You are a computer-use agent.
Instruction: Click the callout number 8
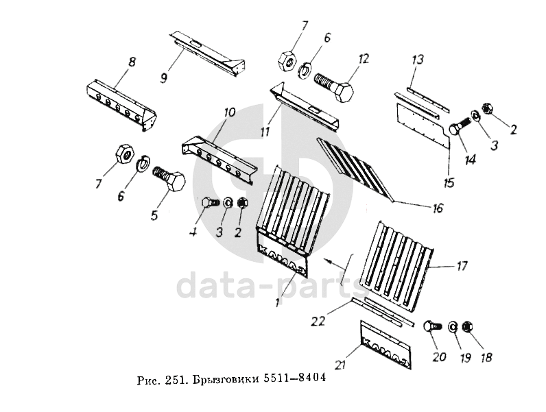pyautogui.click(x=132, y=63)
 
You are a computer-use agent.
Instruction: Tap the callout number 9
pyautogui.click(x=163, y=77)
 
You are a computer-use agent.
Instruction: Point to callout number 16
pyautogui.click(x=438, y=208)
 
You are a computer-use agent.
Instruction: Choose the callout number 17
pyautogui.click(x=461, y=266)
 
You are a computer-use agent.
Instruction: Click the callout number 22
pyautogui.click(x=318, y=321)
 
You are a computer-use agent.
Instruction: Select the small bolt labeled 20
pyautogui.click(x=433, y=327)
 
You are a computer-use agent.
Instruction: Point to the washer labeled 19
pyautogui.click(x=452, y=327)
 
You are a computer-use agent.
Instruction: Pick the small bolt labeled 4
pyautogui.click(x=211, y=202)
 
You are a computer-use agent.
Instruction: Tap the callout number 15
pyautogui.click(x=449, y=182)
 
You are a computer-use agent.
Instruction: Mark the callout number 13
pyautogui.click(x=418, y=60)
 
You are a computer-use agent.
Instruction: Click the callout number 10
pyautogui.click(x=230, y=112)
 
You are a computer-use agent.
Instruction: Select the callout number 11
pyautogui.click(x=265, y=132)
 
